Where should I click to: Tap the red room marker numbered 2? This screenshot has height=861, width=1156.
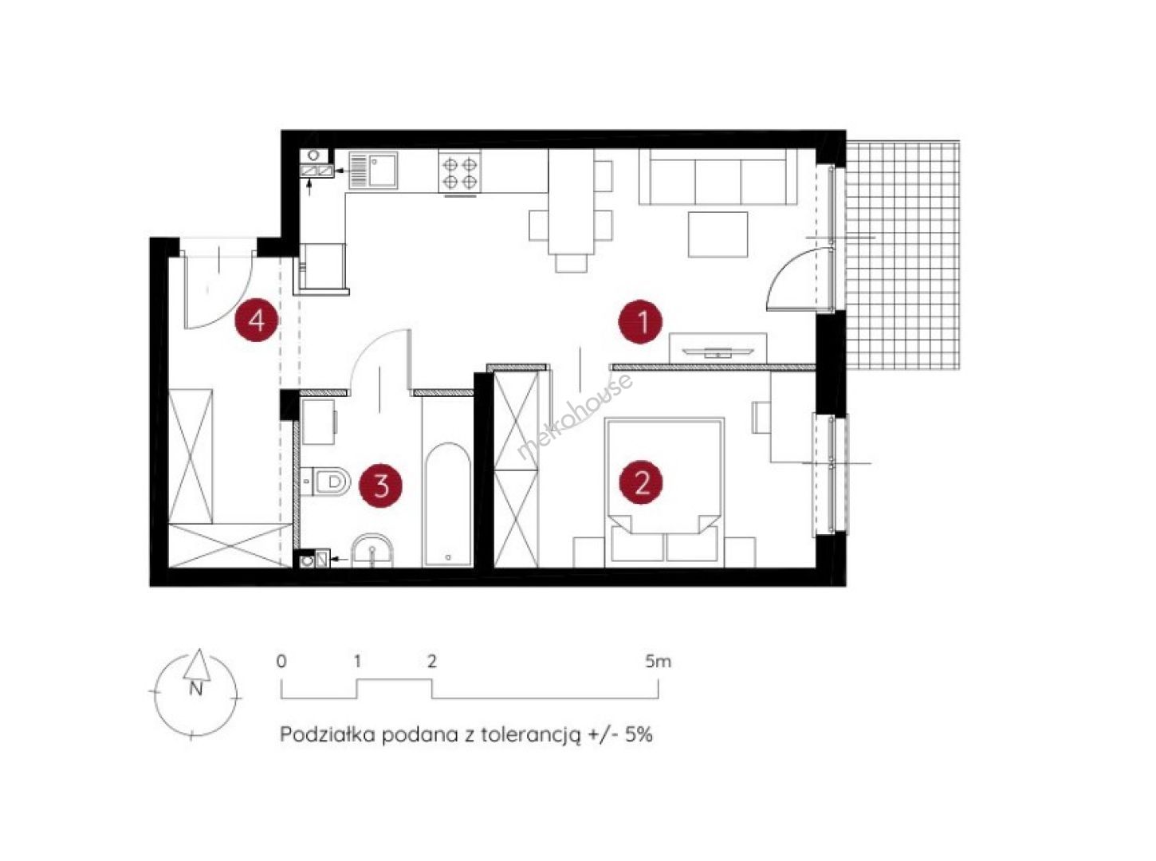coord(640,482)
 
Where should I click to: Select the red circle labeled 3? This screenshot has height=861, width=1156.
coord(381,486)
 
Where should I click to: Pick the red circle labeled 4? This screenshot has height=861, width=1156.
coord(257,320)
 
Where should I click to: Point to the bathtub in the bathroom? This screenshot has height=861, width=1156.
coord(448,504)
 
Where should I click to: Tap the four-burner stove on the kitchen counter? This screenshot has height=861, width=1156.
coord(460,171)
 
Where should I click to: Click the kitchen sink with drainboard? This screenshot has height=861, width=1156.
coord(372,170)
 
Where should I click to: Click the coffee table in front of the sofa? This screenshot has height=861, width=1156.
coord(718,234)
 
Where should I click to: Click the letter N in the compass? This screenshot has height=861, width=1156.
coord(195,690)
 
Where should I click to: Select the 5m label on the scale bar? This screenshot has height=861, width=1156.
coord(659,662)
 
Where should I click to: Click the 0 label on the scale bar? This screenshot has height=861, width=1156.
coord(281,662)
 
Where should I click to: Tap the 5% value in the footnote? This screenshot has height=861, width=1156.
coord(639,734)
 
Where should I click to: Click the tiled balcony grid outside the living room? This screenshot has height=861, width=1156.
coord(902,254)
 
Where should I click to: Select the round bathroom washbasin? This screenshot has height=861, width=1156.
coord(372,550)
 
